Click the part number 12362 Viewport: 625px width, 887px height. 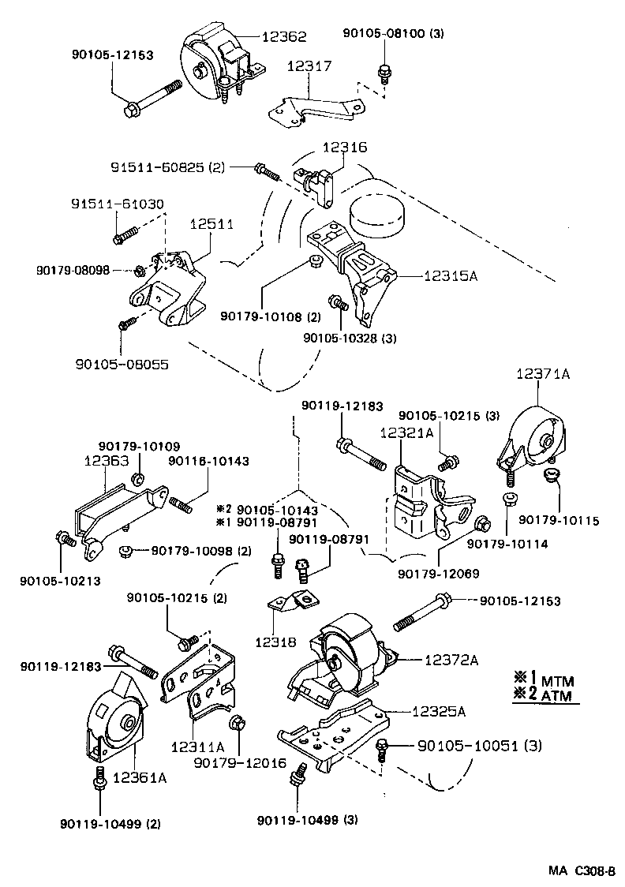click(285, 36)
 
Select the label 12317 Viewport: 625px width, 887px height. click(309, 69)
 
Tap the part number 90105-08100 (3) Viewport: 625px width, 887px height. click(394, 34)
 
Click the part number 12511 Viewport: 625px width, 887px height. click(211, 224)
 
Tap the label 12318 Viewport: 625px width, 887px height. click(275, 642)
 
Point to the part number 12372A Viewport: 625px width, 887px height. click(451, 660)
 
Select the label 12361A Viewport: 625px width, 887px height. click(139, 778)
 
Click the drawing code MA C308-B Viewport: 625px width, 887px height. click(582, 871)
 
